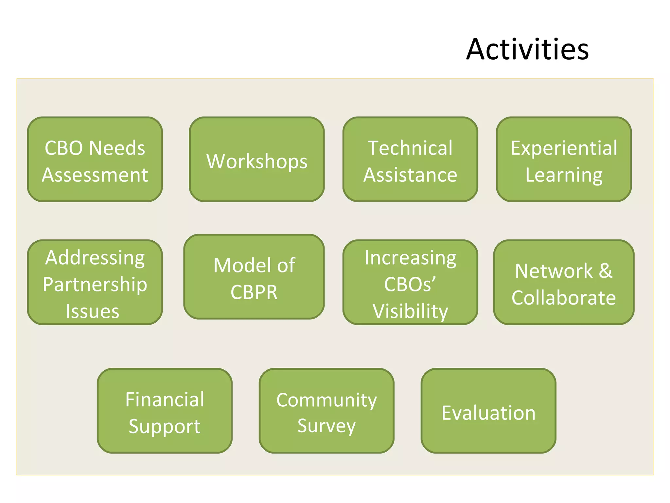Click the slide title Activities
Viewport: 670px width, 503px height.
tap(527, 49)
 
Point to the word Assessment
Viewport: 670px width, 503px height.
tap(95, 175)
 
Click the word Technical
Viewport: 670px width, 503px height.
tap(410, 148)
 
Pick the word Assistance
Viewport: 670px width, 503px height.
tap(410, 175)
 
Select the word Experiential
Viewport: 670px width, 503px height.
tap(564, 148)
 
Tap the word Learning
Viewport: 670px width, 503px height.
tap(564, 176)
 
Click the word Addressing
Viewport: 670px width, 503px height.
tap(95, 258)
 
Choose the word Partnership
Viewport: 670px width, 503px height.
tap(95, 285)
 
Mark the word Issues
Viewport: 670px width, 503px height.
tap(92, 311)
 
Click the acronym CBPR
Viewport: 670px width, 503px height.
tap(254, 292)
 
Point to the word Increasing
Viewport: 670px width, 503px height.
tap(410, 258)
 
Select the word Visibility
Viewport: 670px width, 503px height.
tap(410, 311)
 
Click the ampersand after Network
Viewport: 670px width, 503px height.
tap(606, 271)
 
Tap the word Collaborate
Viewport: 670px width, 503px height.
tap(564, 298)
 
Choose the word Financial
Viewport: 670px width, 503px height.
tap(165, 400)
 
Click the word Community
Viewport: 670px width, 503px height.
tap(326, 400)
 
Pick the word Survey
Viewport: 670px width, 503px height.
tap(326, 426)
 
